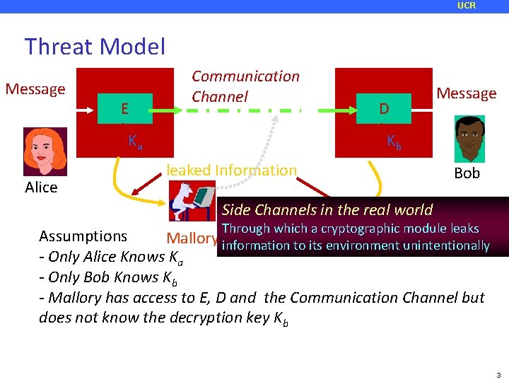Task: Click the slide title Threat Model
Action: point(95,47)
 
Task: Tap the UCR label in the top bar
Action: point(467,6)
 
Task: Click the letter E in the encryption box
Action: point(124,109)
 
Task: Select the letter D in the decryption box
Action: point(384,109)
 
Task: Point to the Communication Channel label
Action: point(245,86)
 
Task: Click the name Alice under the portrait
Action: point(41,187)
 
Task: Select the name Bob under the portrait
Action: point(467,173)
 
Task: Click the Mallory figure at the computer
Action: point(192,202)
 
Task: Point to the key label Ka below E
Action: point(135,142)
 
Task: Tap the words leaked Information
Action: point(231,170)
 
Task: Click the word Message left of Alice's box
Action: point(35,89)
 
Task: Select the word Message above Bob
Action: point(466,93)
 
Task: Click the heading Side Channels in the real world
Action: point(327,210)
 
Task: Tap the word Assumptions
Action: point(83,236)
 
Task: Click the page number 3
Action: point(498,375)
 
